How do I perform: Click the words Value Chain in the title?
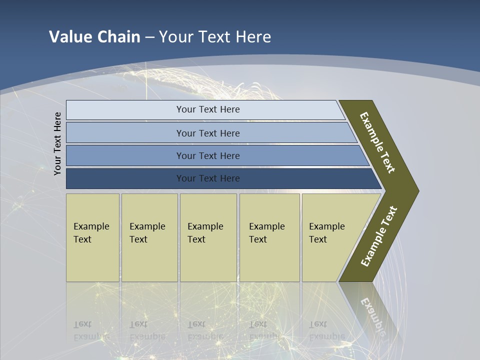coord(94,36)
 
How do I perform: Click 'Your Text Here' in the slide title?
coord(215,36)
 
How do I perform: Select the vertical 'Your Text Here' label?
coord(57,143)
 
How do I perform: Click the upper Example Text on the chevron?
coord(377,142)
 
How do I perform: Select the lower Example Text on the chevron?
coord(379,236)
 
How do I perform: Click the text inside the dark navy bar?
coord(208,178)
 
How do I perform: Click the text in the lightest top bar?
coord(208,109)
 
